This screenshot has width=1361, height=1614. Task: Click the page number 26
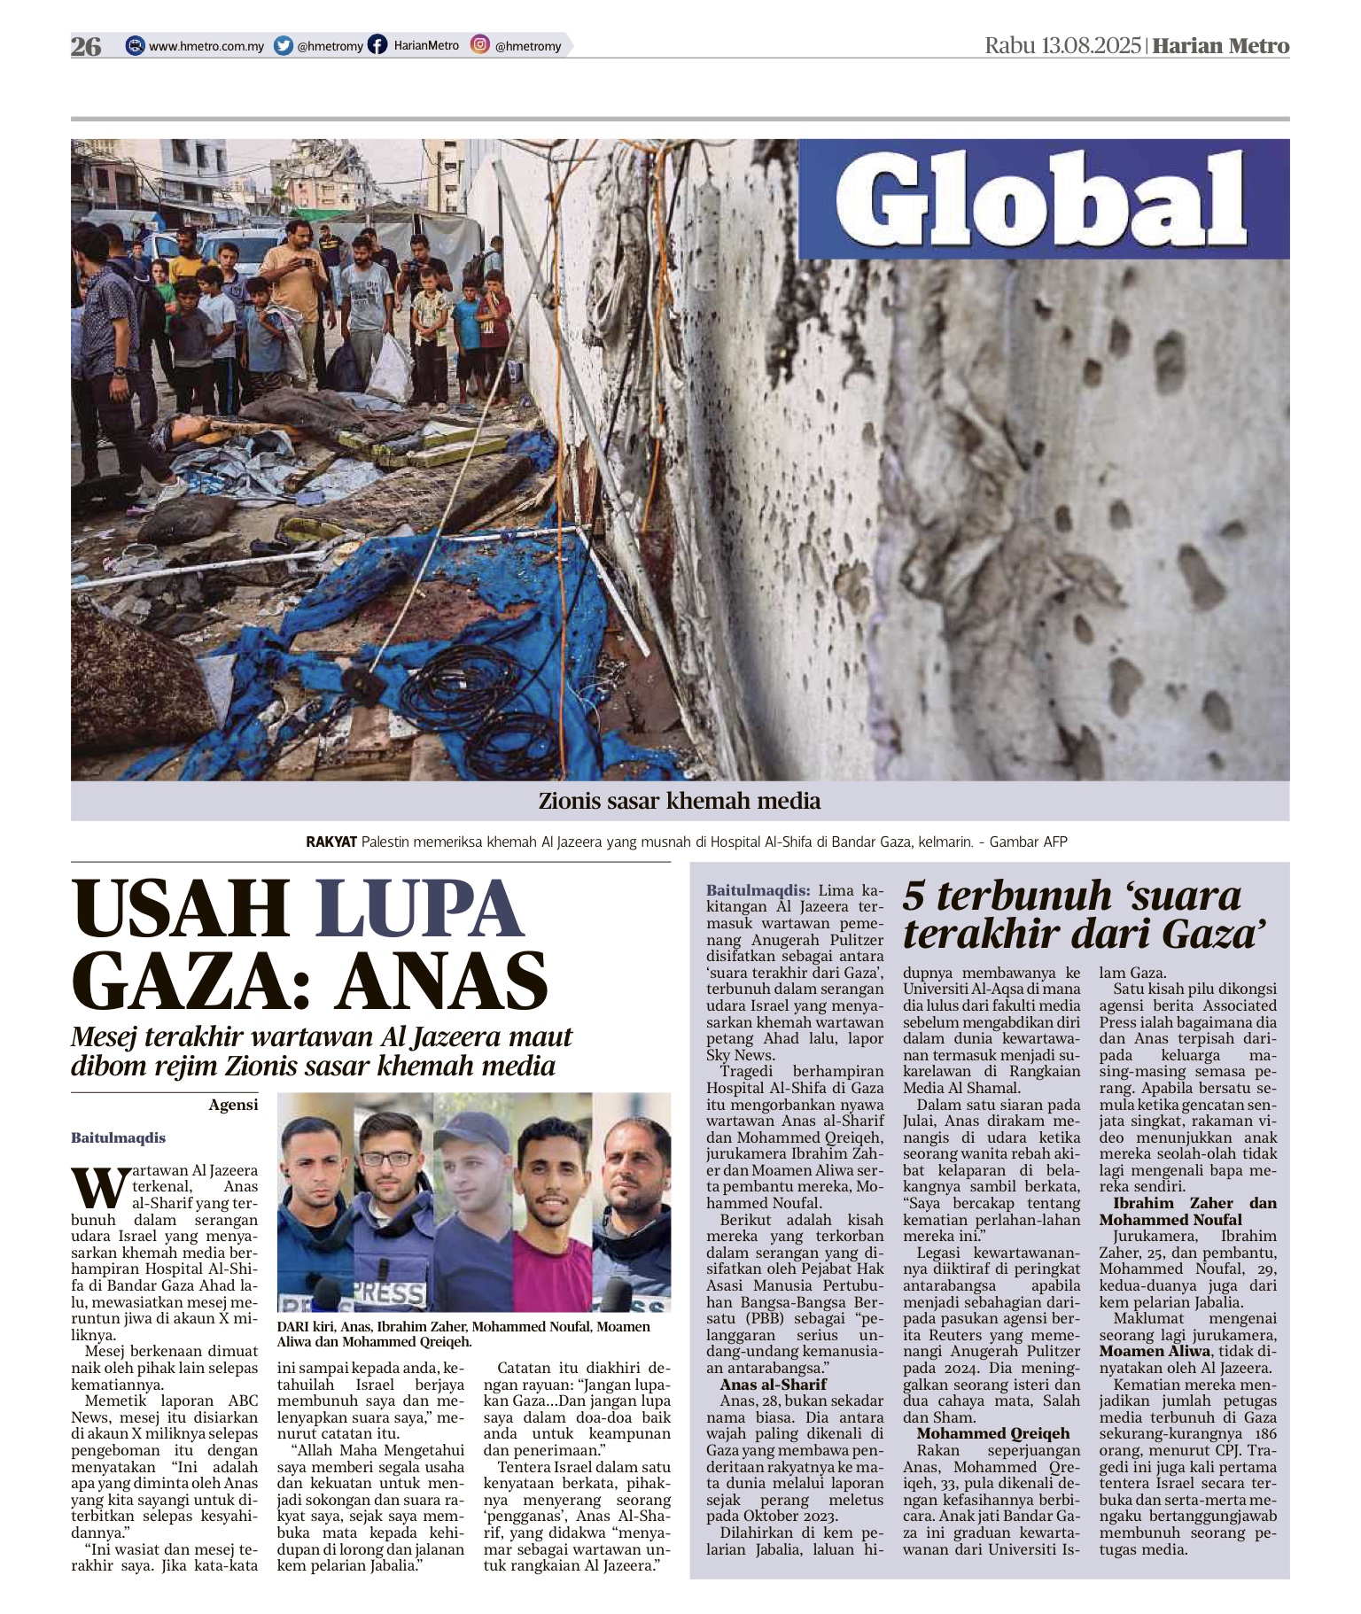pos(86,46)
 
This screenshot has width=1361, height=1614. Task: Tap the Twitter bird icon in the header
pos(284,46)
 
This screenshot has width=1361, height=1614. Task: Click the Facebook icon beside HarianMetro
pos(378,45)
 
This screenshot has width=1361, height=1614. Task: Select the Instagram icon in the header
pos(480,45)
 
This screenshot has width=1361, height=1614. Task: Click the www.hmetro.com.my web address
pos(206,46)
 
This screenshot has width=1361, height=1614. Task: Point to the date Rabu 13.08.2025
pos(1062,46)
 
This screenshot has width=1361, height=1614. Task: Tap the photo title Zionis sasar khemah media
pos(680,801)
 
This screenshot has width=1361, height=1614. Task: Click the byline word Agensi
pos(234,1104)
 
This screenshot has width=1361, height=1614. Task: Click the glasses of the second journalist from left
pos(387,1158)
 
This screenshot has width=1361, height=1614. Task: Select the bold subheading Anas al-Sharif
pos(773,1384)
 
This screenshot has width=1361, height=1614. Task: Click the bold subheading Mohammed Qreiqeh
pos(993,1433)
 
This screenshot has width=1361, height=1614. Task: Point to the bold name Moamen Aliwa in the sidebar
pos(1155,1351)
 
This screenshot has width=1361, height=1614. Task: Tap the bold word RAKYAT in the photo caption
pos(331,842)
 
